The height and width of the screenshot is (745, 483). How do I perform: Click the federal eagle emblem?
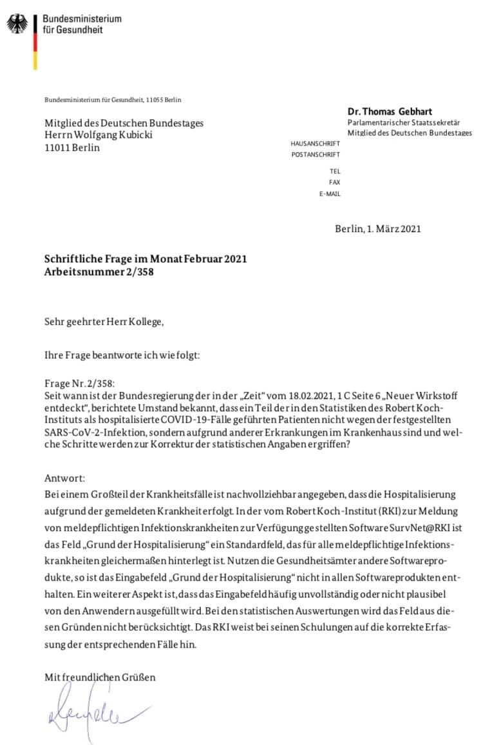(17, 24)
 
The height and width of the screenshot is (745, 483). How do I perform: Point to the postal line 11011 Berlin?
(72, 148)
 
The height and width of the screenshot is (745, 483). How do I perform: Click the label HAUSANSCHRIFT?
(315, 143)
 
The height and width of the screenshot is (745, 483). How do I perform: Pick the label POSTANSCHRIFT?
(316, 155)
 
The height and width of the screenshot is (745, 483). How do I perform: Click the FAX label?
(334, 183)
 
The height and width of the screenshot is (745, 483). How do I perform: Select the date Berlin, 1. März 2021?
(378, 228)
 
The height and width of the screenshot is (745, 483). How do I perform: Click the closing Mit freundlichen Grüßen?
(100, 677)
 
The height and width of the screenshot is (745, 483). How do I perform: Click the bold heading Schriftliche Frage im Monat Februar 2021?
(146, 260)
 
